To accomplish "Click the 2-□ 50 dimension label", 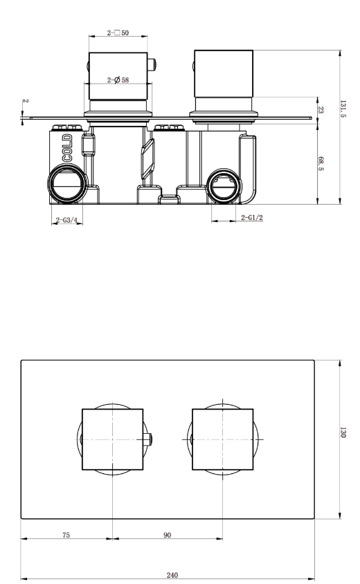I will (x=118, y=33).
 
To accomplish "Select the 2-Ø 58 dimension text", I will (x=118, y=80).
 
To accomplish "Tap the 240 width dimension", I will (x=170, y=574).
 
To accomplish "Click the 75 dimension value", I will (x=66, y=535).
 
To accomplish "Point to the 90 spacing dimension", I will (x=167, y=535).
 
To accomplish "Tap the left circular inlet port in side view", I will (x=67, y=185).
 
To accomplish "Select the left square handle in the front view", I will (x=113, y=439).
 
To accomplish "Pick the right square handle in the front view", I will (x=222, y=439).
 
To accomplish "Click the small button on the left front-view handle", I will (x=149, y=439).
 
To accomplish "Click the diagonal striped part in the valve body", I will (x=147, y=158).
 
